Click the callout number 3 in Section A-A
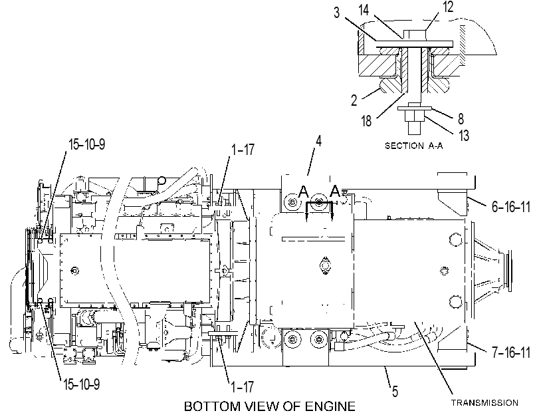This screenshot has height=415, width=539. click(x=336, y=13)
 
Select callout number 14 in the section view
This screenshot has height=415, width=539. click(x=364, y=10)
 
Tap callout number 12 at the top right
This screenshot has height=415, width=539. click(x=448, y=7)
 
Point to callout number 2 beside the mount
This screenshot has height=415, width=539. click(x=354, y=100)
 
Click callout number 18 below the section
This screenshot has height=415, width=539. click(x=366, y=121)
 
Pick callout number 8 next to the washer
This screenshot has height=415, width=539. click(x=461, y=119)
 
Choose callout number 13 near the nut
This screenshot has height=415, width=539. click(x=464, y=135)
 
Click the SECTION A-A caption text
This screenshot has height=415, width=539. click(x=414, y=146)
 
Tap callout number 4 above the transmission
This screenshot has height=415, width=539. click(x=318, y=141)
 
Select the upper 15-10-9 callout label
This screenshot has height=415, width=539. click(x=87, y=144)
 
